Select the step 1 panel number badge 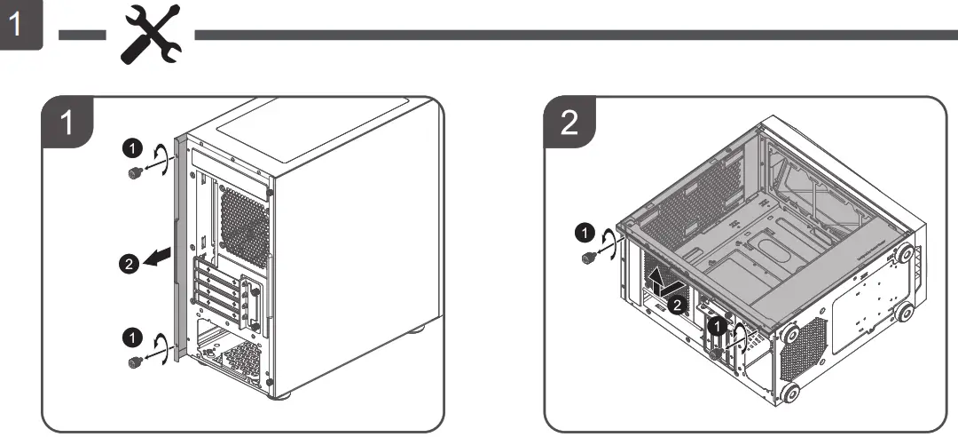67,123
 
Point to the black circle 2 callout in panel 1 128,263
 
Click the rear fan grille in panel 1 243,223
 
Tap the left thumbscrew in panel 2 586,258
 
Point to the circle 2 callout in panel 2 676,306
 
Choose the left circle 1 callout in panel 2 583,233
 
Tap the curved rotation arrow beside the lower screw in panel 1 161,347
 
